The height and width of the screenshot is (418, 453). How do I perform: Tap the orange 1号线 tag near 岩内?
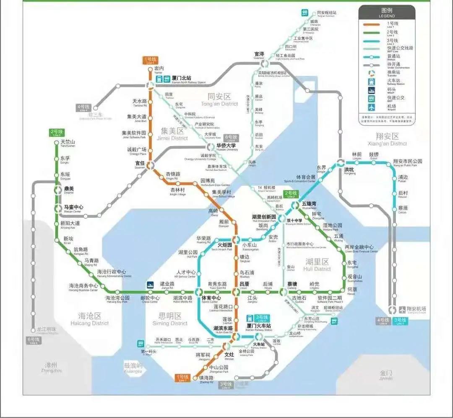(150, 60)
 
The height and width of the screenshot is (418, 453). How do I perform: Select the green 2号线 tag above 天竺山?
(56, 133)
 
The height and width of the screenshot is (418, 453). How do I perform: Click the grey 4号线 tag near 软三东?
(84, 107)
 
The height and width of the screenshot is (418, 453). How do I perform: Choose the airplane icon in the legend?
(371, 107)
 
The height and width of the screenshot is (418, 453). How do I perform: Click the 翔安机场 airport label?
(417, 309)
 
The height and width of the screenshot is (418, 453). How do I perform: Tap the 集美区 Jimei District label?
(174, 133)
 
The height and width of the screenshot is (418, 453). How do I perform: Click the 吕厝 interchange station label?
(244, 284)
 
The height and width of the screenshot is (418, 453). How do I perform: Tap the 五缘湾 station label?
(309, 204)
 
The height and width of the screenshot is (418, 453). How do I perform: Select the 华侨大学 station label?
(227, 146)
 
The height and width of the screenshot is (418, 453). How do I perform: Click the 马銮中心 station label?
(73, 208)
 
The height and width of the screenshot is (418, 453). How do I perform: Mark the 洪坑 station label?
(349, 170)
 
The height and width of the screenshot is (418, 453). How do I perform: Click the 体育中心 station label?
(211, 298)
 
